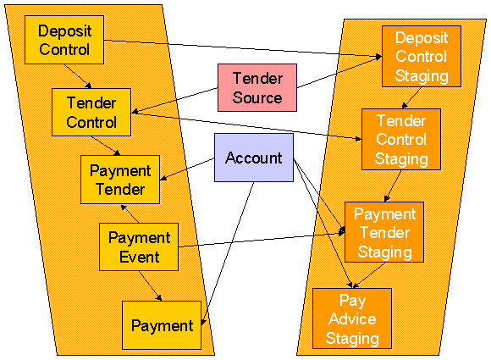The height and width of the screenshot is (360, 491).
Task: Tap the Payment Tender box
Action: pos(120,179)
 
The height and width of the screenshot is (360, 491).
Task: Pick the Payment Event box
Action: pos(139,246)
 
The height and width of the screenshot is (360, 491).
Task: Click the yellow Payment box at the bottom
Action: pos(162,324)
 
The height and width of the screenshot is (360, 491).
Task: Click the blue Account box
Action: pos(253,158)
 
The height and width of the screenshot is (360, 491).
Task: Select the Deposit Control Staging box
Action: pos(421,55)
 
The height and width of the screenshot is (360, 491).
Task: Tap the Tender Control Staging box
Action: pos(401,139)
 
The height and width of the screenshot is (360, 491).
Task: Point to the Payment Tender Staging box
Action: pos(384,232)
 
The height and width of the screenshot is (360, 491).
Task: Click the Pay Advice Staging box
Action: pos(352,318)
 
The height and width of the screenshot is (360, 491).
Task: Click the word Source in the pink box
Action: pos(257,97)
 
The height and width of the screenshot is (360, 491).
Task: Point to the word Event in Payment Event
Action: pos(140,256)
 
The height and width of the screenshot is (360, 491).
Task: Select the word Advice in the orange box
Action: pos(352,318)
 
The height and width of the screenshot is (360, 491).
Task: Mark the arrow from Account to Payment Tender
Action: pos(187,172)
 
